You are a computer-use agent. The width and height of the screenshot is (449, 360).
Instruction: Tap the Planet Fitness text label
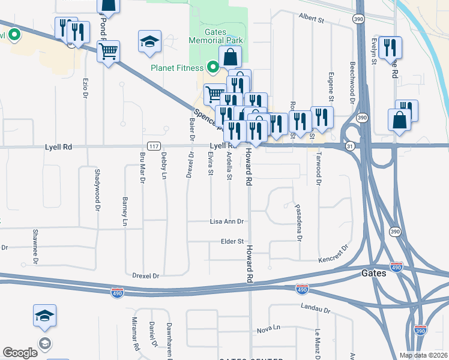(177, 68)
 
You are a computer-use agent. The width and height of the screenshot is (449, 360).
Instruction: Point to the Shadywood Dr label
(97, 190)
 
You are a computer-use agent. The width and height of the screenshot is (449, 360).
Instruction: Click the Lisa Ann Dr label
(226, 221)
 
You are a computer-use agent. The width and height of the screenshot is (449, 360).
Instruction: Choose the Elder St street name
(231, 241)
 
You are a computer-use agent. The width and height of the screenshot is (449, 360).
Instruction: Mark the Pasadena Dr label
(298, 222)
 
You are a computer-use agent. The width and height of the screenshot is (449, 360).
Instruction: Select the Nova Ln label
(268, 329)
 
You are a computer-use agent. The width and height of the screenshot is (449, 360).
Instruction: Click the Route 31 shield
(350, 146)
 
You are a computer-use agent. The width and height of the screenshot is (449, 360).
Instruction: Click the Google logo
(20, 353)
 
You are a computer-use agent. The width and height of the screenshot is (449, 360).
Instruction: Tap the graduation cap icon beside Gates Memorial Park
(149, 41)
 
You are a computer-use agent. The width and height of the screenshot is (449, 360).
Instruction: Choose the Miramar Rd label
(136, 334)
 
